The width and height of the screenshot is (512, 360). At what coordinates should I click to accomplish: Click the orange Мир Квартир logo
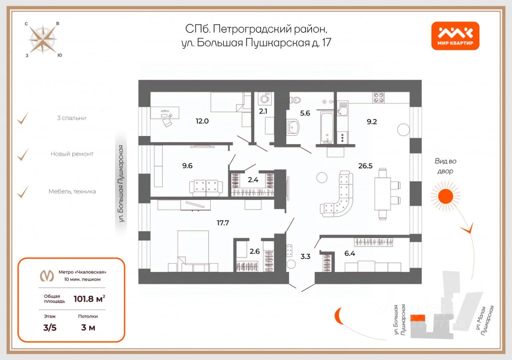click(455, 36)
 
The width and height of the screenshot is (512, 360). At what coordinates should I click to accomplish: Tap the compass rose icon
click(43, 40)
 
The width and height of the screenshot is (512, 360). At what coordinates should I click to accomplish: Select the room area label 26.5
click(365, 166)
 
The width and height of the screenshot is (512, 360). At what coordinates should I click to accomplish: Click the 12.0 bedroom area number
click(202, 121)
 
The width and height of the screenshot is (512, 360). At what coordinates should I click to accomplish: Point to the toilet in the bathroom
click(295, 100)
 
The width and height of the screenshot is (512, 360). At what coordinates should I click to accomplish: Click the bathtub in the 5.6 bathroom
click(327, 128)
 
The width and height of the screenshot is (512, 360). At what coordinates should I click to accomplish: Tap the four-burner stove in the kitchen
click(379, 98)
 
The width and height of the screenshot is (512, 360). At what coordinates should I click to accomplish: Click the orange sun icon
click(446, 196)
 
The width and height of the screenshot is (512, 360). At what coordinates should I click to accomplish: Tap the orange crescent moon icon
click(338, 316)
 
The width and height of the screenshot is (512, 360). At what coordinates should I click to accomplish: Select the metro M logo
click(47, 276)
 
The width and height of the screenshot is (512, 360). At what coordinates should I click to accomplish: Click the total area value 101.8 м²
click(89, 298)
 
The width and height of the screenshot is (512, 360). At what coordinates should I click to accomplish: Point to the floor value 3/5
click(50, 328)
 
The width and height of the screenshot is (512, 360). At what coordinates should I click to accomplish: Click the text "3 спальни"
click(72, 118)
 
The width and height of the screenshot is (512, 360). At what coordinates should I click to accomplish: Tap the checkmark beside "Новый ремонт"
click(23, 154)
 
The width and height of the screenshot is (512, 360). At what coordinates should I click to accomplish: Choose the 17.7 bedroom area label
click(223, 223)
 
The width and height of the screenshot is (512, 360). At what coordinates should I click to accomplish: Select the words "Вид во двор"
click(445, 166)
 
